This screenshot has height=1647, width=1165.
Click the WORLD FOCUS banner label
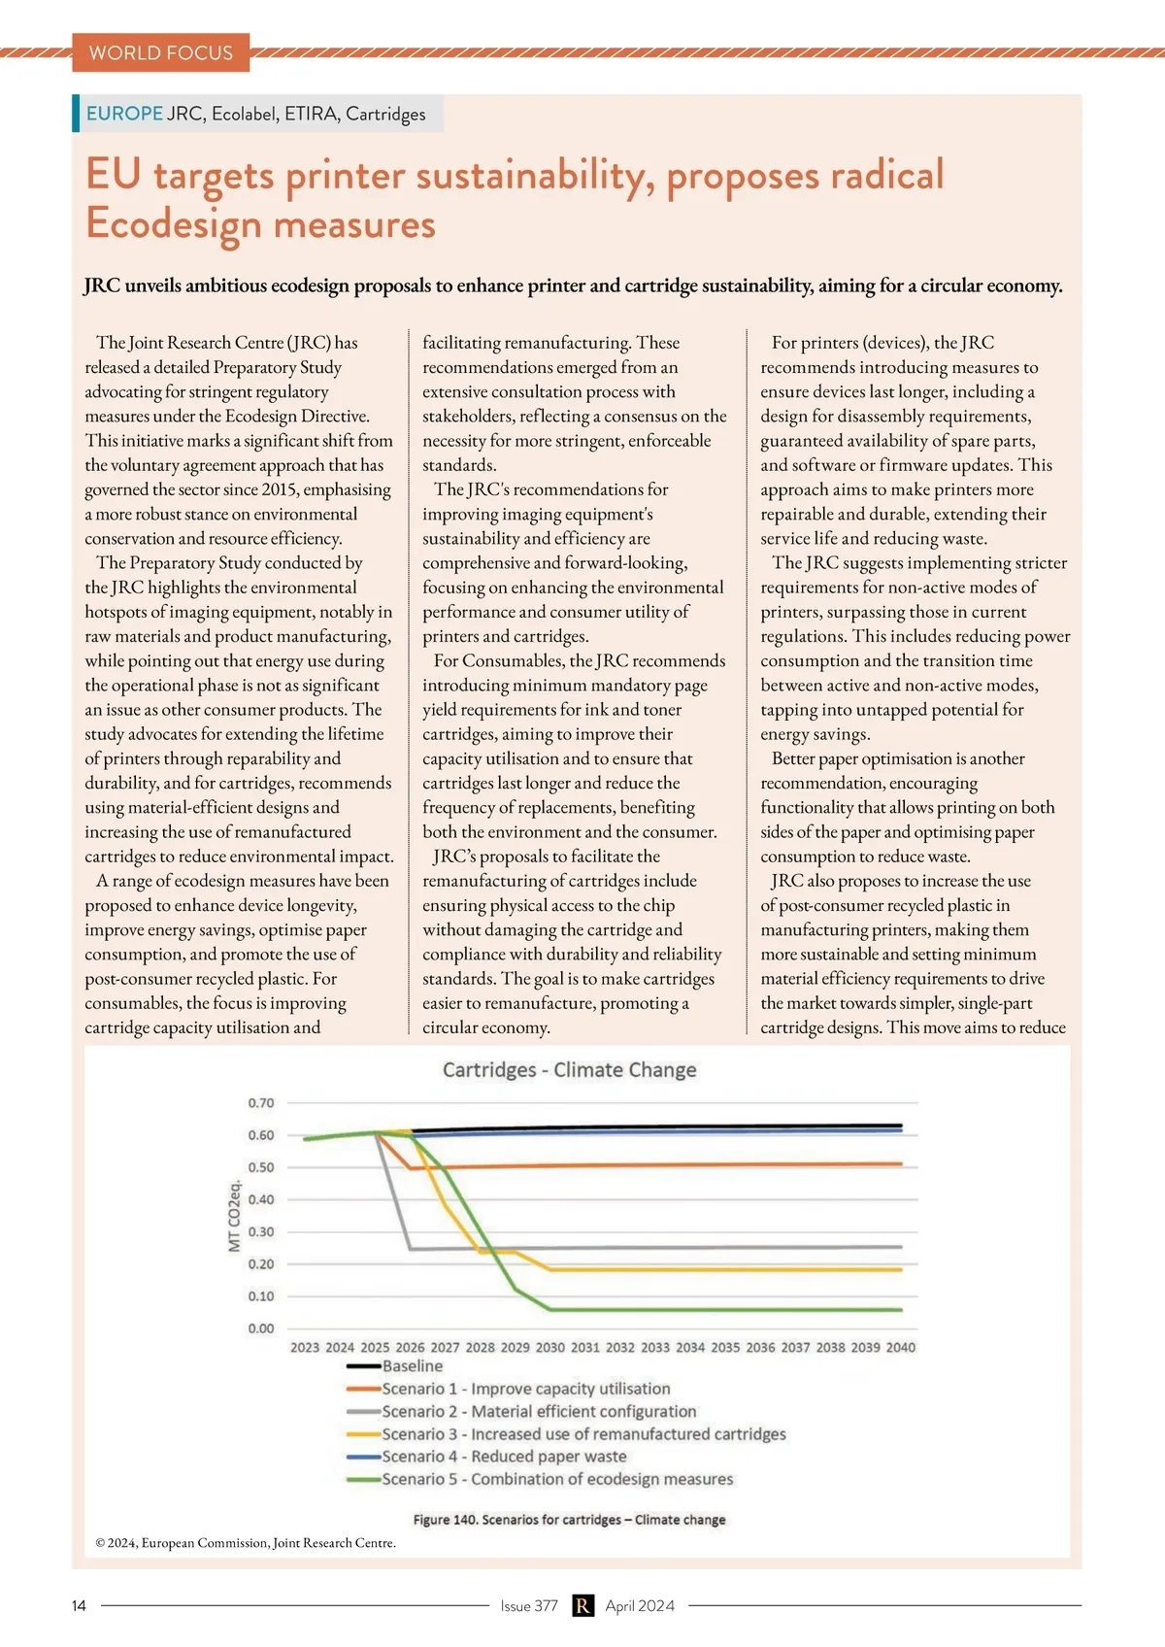(x=161, y=52)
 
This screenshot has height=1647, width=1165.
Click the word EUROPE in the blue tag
(x=124, y=114)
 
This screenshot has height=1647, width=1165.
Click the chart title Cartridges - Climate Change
(x=569, y=1070)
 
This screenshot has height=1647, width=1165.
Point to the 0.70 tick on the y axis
(x=261, y=1103)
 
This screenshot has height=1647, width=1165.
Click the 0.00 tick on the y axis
(x=261, y=1328)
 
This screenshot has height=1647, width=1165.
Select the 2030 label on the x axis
(x=549, y=1348)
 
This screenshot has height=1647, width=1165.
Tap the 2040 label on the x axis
(x=900, y=1348)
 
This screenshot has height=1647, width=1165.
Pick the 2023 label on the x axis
(x=305, y=1348)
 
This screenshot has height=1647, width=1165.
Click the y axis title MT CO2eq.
(x=234, y=1216)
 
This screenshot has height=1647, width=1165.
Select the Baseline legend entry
(x=412, y=1366)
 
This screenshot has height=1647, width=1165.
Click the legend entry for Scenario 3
(x=582, y=1434)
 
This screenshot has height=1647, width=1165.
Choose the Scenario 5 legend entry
(x=556, y=1479)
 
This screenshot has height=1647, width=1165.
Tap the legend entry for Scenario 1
(x=525, y=1389)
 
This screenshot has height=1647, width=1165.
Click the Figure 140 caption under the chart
(x=569, y=1520)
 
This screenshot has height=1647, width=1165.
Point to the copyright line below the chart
(x=246, y=1543)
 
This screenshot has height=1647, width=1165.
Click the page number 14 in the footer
(x=79, y=1606)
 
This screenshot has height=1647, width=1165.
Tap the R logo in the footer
(x=582, y=1606)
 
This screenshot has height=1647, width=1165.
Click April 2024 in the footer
(x=640, y=1606)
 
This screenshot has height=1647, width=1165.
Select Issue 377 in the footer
(x=529, y=1606)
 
